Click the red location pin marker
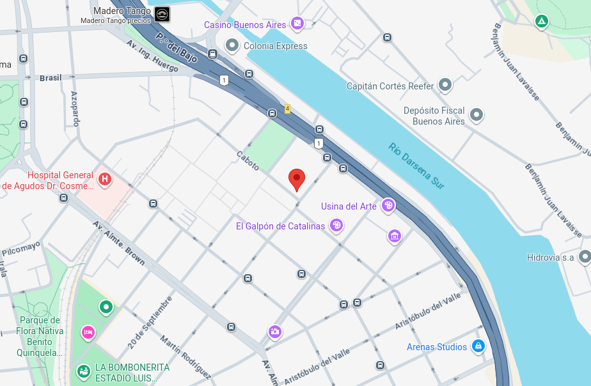pyautogui.click(x=297, y=179)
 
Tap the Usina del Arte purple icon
pyautogui.click(x=388, y=206)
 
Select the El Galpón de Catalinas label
pyautogui.click(x=280, y=226)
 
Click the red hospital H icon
pyautogui.click(x=105, y=180)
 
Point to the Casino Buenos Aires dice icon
pyautogui.click(x=297, y=24)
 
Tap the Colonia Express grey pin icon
pyautogui.click(x=232, y=46)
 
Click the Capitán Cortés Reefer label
pyautogui.click(x=390, y=86)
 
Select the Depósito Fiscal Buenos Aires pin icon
pyautogui.click(x=477, y=115)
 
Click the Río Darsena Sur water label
pyautogui.click(x=416, y=166)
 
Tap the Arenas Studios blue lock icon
pyautogui.click(x=478, y=346)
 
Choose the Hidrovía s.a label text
pyautogui.click(x=550, y=258)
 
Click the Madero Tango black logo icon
pyautogui.click(x=162, y=14)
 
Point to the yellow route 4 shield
pyautogui.click(x=288, y=109)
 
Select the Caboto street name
pyautogui.click(x=248, y=161)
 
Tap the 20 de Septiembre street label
pyautogui.click(x=150, y=322)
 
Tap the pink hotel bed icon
pyautogui.click(x=88, y=332)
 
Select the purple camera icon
pyautogui.click(x=275, y=332)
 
